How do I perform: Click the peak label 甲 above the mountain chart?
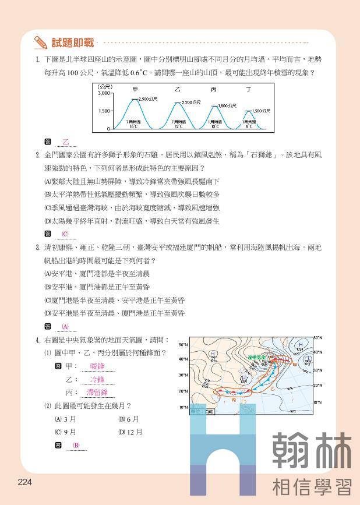pos(135,90)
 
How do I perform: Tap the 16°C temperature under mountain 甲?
pos(133,126)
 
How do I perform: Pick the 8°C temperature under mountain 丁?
pos(249,126)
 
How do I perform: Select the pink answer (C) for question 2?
pos(65,234)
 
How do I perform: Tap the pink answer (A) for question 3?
pos(65,326)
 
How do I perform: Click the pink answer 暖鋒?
pos(97,366)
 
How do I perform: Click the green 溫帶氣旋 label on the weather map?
pos(256,357)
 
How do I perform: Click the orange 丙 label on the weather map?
pos(233,401)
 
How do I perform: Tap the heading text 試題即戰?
pos(72,43)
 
